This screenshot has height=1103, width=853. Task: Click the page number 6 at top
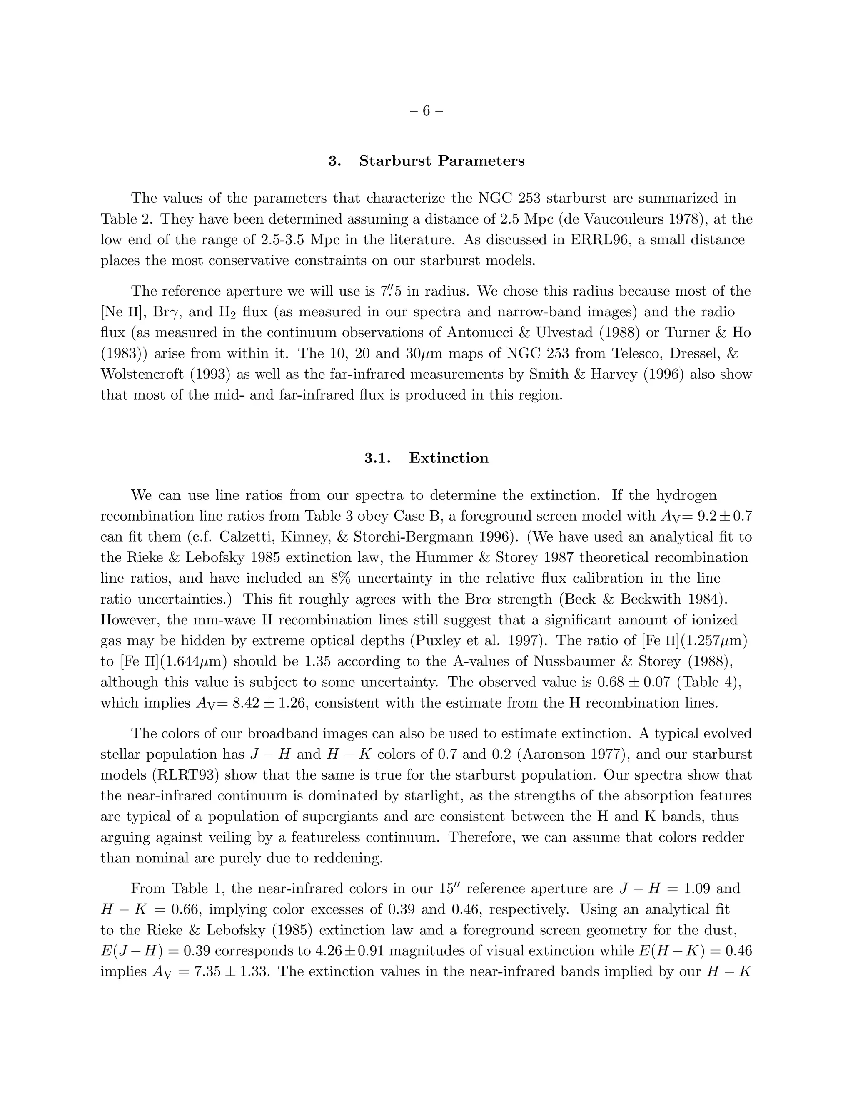point(426,111)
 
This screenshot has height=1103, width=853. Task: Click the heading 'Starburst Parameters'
point(441,161)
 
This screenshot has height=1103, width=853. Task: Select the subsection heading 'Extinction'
point(448,458)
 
